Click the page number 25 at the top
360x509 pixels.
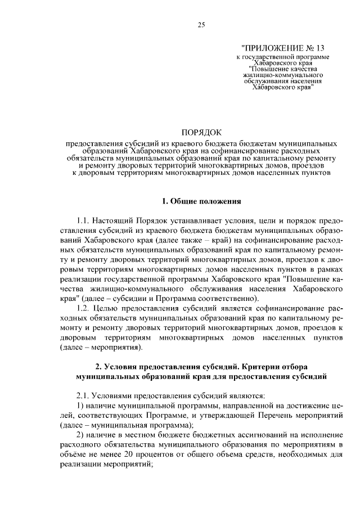[x=201, y=24]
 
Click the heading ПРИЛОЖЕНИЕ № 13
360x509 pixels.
[x=282, y=48]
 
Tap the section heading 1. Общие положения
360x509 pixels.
[x=201, y=200]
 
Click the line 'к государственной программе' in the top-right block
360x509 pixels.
[x=282, y=57]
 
